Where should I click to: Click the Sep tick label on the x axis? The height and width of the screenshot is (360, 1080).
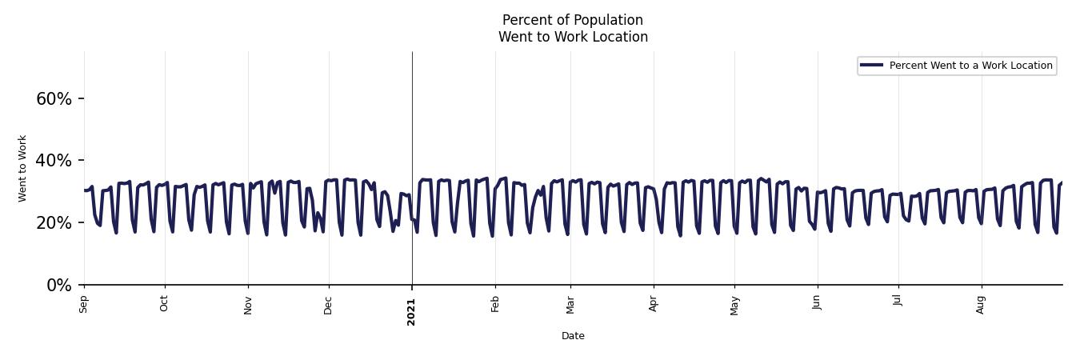(x=83, y=304)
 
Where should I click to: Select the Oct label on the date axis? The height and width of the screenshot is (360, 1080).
(x=164, y=304)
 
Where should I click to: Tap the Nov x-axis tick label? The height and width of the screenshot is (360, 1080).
(x=248, y=305)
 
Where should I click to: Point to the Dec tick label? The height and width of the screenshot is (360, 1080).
(x=328, y=305)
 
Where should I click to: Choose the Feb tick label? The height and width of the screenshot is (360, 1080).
(x=495, y=304)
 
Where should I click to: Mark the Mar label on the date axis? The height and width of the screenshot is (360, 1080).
(x=570, y=305)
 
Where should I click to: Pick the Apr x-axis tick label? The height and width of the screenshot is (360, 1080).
(x=654, y=304)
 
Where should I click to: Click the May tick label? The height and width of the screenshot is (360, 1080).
(x=734, y=306)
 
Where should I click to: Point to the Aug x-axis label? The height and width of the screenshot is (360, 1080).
(x=982, y=305)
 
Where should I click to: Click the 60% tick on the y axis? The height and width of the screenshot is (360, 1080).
(x=54, y=99)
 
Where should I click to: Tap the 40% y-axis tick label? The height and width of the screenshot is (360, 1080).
(x=54, y=161)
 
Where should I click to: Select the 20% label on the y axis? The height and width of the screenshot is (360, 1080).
(x=54, y=223)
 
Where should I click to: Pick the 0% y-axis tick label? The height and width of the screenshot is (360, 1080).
(x=59, y=286)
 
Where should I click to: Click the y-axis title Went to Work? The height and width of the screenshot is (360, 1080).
(x=22, y=168)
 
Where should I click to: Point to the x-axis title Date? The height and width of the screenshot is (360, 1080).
(x=573, y=336)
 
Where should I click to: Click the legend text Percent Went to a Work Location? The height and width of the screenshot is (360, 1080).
(x=970, y=66)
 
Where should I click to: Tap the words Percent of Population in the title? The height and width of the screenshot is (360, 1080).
(x=573, y=20)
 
